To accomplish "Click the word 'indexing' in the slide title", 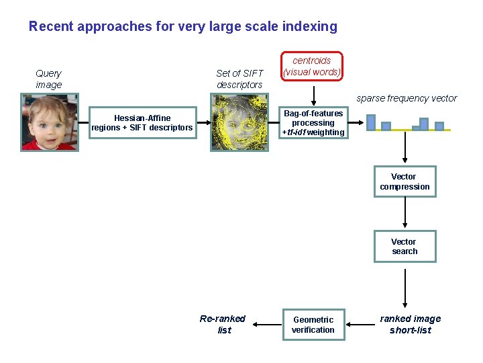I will point(311,27).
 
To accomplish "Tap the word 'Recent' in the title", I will point(51,27).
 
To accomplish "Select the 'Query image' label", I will point(48,79).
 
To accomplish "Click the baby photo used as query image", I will point(49,122).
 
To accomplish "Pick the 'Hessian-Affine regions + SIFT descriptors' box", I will point(143,122).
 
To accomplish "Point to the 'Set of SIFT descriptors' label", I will point(239,79).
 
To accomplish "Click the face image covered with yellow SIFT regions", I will point(240,122).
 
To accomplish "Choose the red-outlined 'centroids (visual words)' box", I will point(312,66).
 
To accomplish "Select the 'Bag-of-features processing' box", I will point(313,122).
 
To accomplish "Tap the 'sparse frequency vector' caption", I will point(407,98).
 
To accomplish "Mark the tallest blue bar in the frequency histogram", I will point(371,122).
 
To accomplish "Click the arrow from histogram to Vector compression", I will point(405,148).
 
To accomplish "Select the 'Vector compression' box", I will point(405,182).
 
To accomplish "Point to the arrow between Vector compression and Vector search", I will point(405,213).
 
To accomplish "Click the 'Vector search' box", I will point(405,246).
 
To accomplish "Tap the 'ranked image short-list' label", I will point(410,324).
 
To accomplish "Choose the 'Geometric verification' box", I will point(313,325).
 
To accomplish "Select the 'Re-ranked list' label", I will point(223,324).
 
